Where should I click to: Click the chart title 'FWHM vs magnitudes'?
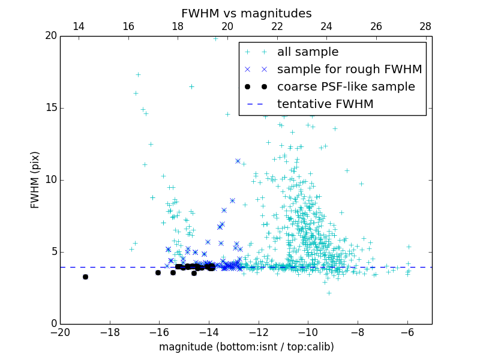pyautogui.click(x=246, y=13)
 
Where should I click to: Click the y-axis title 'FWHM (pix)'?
pyautogui.click(x=35, y=180)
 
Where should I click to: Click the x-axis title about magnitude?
pyautogui.click(x=246, y=347)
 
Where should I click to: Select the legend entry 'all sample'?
pyautogui.click(x=307, y=52)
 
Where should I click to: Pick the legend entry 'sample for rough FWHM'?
pyautogui.click(x=349, y=70)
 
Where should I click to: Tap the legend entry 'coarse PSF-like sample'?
pyautogui.click(x=346, y=87)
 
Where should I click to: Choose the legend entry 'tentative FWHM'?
pyautogui.click(x=325, y=104)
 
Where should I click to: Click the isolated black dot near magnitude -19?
pyautogui.click(x=85, y=277)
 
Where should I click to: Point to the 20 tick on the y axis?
pyautogui.click(x=50, y=36)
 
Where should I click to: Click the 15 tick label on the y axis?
pyautogui.click(x=50, y=108)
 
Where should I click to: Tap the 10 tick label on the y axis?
pyautogui.click(x=50, y=180)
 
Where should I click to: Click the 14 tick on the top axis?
pyautogui.click(x=79, y=26)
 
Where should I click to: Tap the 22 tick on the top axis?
pyautogui.click(x=277, y=26)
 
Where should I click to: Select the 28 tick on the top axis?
pyautogui.click(x=425, y=26)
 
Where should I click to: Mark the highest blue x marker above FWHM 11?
pyautogui.click(x=238, y=161)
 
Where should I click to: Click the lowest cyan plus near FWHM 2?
pyautogui.click(x=329, y=293)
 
